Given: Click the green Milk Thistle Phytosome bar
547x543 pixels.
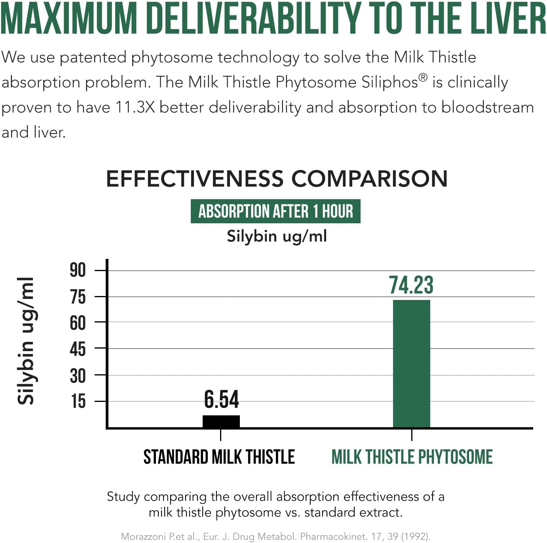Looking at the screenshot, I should (411, 364).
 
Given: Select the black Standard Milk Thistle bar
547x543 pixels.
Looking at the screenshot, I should (221, 421).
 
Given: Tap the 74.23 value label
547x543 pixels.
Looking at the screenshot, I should (411, 285).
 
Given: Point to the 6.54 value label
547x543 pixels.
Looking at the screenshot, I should (221, 399).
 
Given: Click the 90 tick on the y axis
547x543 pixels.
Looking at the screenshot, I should (78, 270).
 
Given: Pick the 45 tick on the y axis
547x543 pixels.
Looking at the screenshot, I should (78, 349).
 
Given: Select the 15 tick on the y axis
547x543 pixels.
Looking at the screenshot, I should (78, 401).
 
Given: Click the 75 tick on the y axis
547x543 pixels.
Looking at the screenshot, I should (78, 297).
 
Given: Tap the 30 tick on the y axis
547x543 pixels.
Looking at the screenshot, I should (78, 375).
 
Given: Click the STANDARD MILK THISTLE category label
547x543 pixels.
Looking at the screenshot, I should (219, 457).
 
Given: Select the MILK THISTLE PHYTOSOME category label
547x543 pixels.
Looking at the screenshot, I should (412, 457).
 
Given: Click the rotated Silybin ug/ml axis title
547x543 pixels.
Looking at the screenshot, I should (26, 341).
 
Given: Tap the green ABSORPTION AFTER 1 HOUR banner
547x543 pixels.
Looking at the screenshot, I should (275, 211).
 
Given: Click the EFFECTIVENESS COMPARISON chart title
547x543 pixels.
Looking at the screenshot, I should (277, 179).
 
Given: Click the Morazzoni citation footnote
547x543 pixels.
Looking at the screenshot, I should (275, 536).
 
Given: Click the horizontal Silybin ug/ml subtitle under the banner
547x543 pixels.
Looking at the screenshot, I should (277, 236).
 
